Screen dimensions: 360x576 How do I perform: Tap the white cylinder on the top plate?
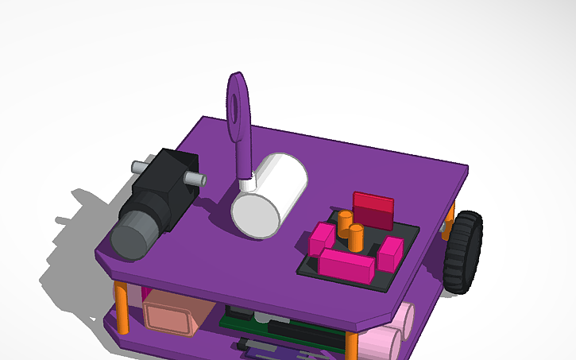point(269,195)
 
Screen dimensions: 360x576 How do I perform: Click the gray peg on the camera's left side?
point(137,167)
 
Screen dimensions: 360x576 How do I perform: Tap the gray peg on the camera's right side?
point(193,179)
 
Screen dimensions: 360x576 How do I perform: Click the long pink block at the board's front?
point(346,265)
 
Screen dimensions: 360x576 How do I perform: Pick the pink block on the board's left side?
point(322,237)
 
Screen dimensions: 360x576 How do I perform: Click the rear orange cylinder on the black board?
point(345,222)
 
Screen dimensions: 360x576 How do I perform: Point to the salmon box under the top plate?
point(170,314)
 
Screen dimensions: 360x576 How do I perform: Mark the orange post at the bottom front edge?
point(350,346)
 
